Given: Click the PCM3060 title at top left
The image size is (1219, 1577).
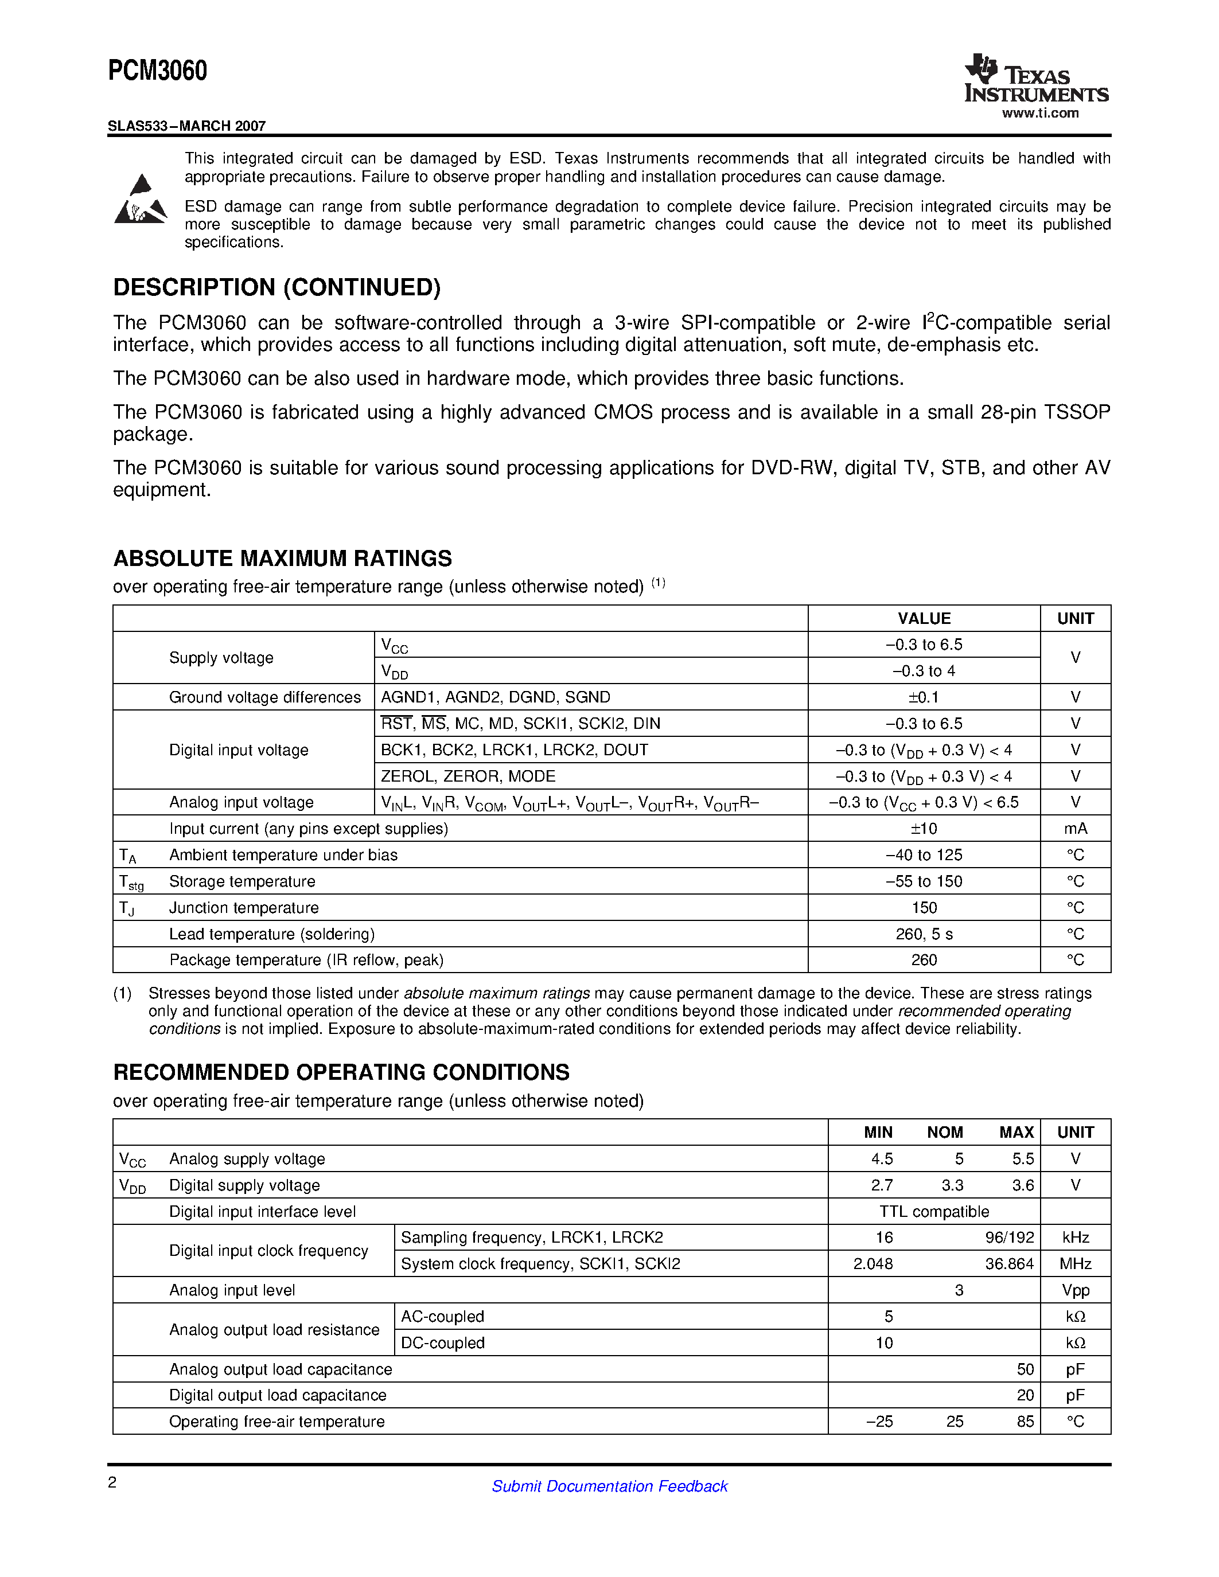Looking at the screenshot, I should [157, 71].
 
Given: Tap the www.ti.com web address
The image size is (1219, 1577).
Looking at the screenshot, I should [1040, 114].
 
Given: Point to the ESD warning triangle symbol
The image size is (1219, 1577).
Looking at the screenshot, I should [141, 200].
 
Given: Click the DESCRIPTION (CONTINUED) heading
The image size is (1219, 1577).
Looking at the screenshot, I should [276, 287].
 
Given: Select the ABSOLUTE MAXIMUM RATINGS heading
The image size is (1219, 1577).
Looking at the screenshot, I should [282, 558].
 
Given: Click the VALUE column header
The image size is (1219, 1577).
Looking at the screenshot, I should [924, 619].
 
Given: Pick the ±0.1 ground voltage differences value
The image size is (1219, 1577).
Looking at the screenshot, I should [924, 697].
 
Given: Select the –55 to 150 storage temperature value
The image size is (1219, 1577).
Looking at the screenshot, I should [924, 881].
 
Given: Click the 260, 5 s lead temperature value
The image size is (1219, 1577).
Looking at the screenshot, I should [924, 934].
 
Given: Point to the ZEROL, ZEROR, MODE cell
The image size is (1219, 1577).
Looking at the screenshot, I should [468, 776].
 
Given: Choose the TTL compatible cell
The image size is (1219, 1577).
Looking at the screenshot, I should [934, 1212].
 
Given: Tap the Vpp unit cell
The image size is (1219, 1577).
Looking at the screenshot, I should [1075, 1290].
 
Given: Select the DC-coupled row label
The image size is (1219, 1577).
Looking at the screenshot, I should [443, 1343].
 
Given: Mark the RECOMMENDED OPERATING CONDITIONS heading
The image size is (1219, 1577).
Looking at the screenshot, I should [341, 1072].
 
